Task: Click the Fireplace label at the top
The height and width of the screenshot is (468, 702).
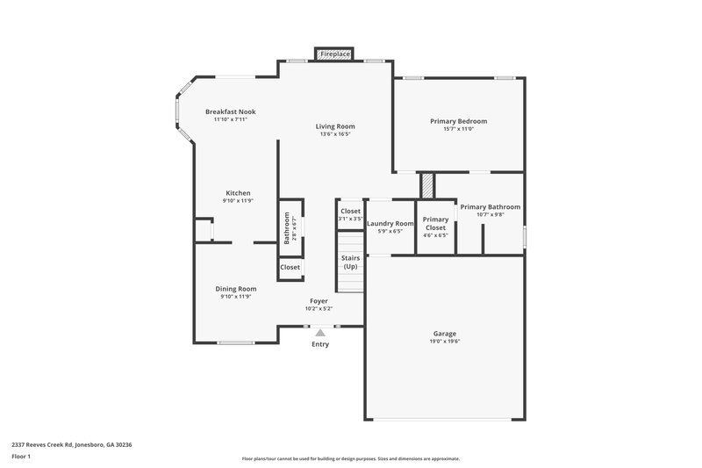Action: click(335, 54)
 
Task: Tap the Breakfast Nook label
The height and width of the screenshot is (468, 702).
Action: click(231, 112)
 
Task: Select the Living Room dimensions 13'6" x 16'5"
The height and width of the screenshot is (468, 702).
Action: click(335, 134)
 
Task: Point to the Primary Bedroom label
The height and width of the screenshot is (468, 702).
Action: click(458, 120)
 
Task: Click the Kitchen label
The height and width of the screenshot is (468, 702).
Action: click(238, 192)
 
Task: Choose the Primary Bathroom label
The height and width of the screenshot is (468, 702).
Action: click(491, 206)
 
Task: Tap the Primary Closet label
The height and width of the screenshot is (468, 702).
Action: click(436, 223)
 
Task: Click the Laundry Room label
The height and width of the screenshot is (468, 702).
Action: click(390, 224)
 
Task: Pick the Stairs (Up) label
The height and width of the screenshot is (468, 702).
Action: click(350, 262)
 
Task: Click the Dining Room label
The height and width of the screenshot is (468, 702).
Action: click(236, 288)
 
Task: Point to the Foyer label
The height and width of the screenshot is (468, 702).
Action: click(319, 300)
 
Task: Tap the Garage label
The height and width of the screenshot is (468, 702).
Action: click(445, 333)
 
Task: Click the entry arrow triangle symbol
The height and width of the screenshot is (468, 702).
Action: click(321, 333)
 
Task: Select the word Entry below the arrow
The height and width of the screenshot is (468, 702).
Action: click(321, 344)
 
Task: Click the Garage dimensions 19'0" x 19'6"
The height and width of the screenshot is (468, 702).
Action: click(445, 341)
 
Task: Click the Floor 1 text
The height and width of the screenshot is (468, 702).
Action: click(21, 457)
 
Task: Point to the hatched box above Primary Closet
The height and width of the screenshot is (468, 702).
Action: click(427, 186)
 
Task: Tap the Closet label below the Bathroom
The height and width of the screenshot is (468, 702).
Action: click(290, 267)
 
